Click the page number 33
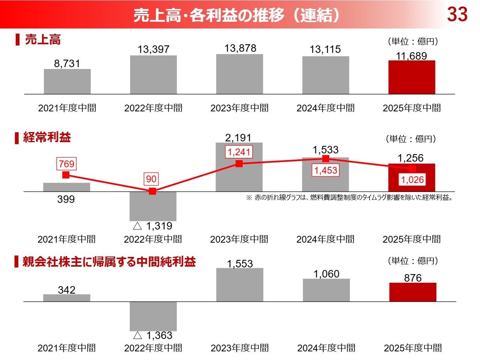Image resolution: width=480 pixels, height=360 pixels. click(457, 15)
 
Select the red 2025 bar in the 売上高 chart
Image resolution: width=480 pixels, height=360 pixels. click(412, 77)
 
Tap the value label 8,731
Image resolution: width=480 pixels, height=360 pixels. click(67, 63)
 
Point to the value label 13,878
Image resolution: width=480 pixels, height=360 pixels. click(240, 48)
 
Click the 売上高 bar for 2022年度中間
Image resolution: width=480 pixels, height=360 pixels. click(153, 75)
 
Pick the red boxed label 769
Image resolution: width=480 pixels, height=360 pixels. click(66, 164)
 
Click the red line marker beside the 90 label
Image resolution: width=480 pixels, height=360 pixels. click(152, 191)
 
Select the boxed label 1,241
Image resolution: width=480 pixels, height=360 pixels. click(239, 152)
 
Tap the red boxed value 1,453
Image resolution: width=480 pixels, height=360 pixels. click(325, 171)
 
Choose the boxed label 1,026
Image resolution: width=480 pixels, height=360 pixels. click(412, 180)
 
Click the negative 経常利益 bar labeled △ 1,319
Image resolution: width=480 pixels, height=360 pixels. click(153, 206)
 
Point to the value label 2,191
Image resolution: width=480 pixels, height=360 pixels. click(238, 138)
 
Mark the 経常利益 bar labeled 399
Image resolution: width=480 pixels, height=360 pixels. click(67, 187)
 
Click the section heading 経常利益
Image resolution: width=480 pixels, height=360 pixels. click(47, 137)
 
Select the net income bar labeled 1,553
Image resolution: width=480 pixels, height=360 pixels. click(240, 285)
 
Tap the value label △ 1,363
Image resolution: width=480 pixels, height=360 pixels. click(153, 335)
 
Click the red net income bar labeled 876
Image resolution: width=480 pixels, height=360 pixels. click(412, 292)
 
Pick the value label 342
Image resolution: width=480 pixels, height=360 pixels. click(67, 290)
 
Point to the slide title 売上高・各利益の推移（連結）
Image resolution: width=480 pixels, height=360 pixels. click(237, 15)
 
